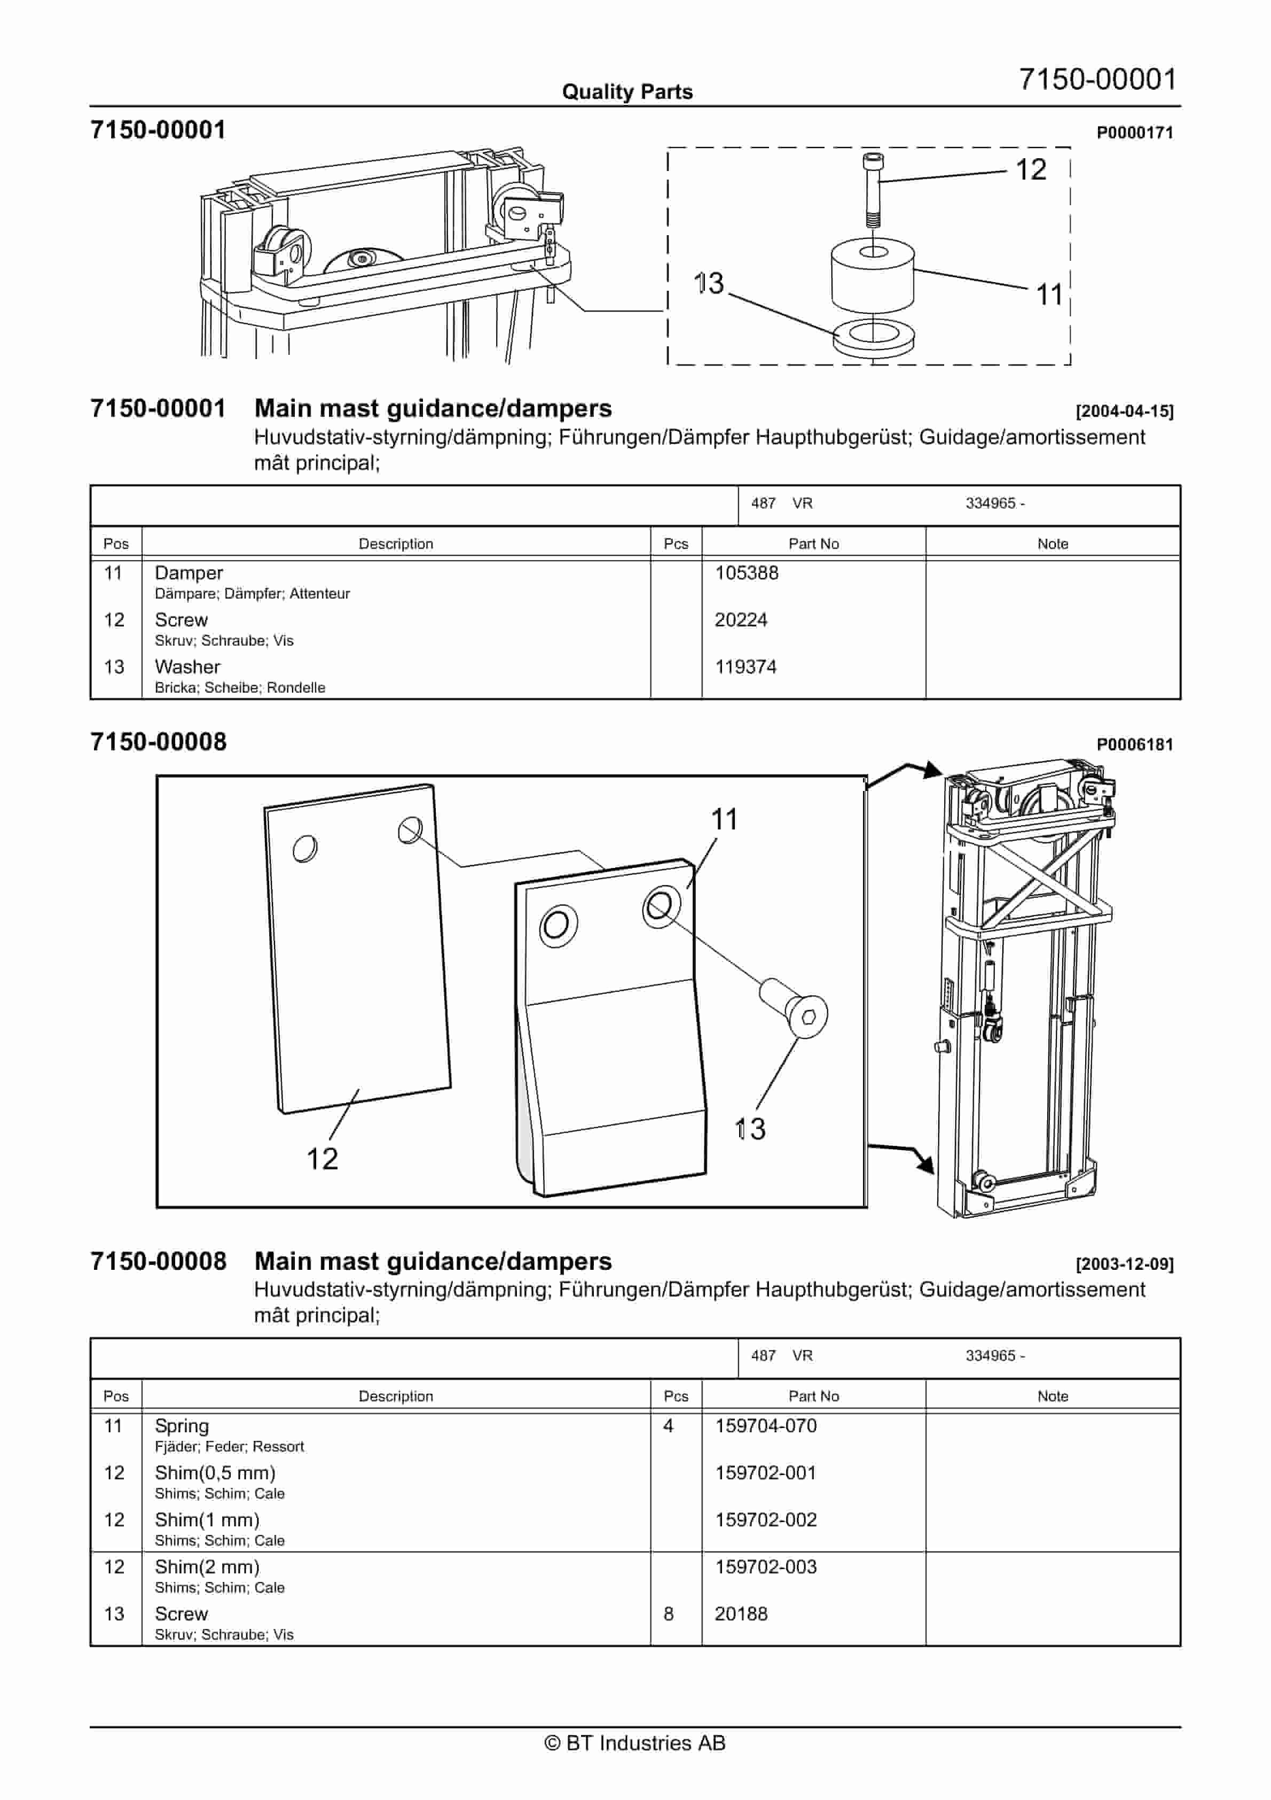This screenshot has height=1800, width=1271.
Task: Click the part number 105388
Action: [746, 573]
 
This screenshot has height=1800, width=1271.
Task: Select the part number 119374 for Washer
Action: [745, 667]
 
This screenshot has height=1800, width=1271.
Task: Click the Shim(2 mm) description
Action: [207, 1567]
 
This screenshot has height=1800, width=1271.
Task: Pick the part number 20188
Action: [741, 1614]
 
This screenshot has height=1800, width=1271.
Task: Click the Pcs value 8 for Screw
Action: [669, 1614]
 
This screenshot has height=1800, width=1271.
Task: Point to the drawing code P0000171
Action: [1134, 133]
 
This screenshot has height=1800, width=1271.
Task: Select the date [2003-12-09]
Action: [1124, 1264]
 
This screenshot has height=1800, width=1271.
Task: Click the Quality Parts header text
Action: [627, 92]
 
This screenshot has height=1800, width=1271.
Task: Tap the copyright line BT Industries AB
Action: [635, 1743]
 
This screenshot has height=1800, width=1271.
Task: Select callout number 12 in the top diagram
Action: [1031, 169]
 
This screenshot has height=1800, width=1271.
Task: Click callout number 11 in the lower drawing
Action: [724, 820]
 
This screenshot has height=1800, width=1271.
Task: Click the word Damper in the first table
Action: [189, 573]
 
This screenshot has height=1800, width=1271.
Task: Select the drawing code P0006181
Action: [1134, 745]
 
